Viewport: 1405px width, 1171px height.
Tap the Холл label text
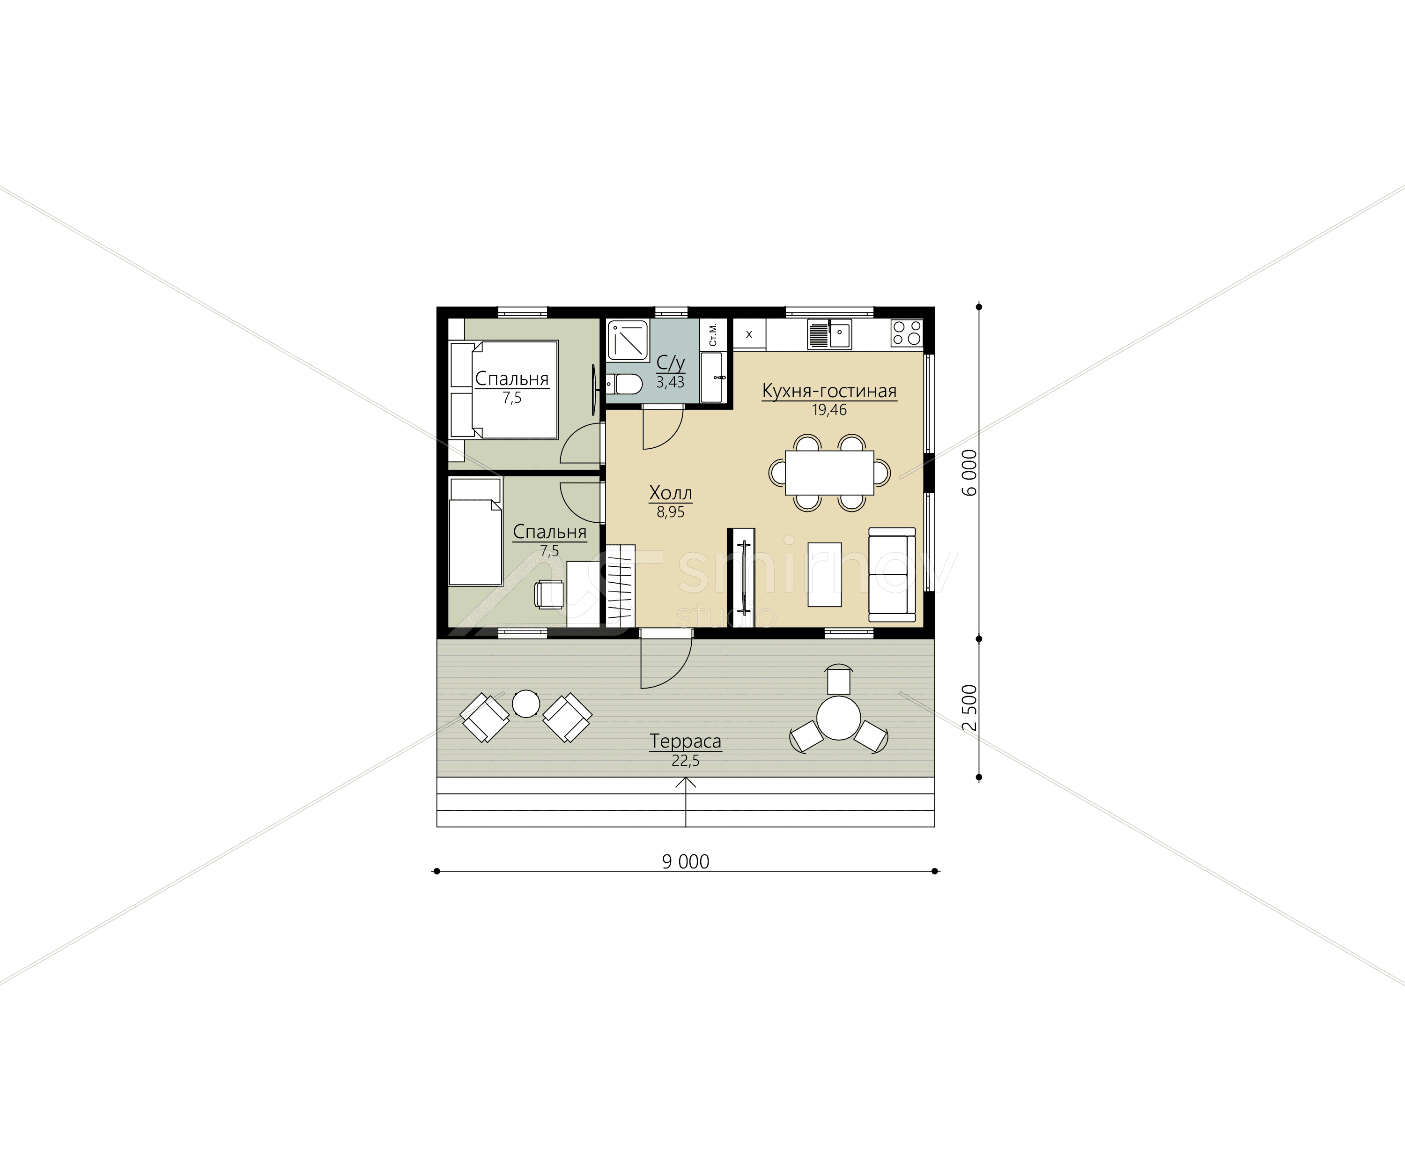pyautogui.click(x=670, y=493)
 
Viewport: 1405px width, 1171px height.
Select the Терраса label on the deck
pyautogui.click(x=685, y=741)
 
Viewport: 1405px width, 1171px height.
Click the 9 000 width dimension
pyautogui.click(x=686, y=861)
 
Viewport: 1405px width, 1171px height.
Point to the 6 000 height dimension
pyautogui.click(x=970, y=473)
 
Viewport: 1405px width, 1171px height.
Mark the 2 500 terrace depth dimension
pyautogui.click(x=970, y=708)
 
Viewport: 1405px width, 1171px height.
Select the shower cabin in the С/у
pyautogui.click(x=628, y=340)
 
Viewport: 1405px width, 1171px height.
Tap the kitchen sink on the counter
pyautogui.click(x=829, y=334)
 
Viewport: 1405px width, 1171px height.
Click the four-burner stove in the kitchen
pyautogui.click(x=907, y=333)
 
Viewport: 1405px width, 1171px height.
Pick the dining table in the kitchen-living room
pyautogui.click(x=829, y=473)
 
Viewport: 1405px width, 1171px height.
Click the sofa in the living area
pyautogui.click(x=892, y=574)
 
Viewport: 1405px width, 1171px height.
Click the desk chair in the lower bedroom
pyautogui.click(x=550, y=594)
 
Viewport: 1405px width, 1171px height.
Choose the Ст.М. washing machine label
pyautogui.click(x=713, y=334)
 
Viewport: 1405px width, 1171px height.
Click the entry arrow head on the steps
pyautogui.click(x=686, y=780)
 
